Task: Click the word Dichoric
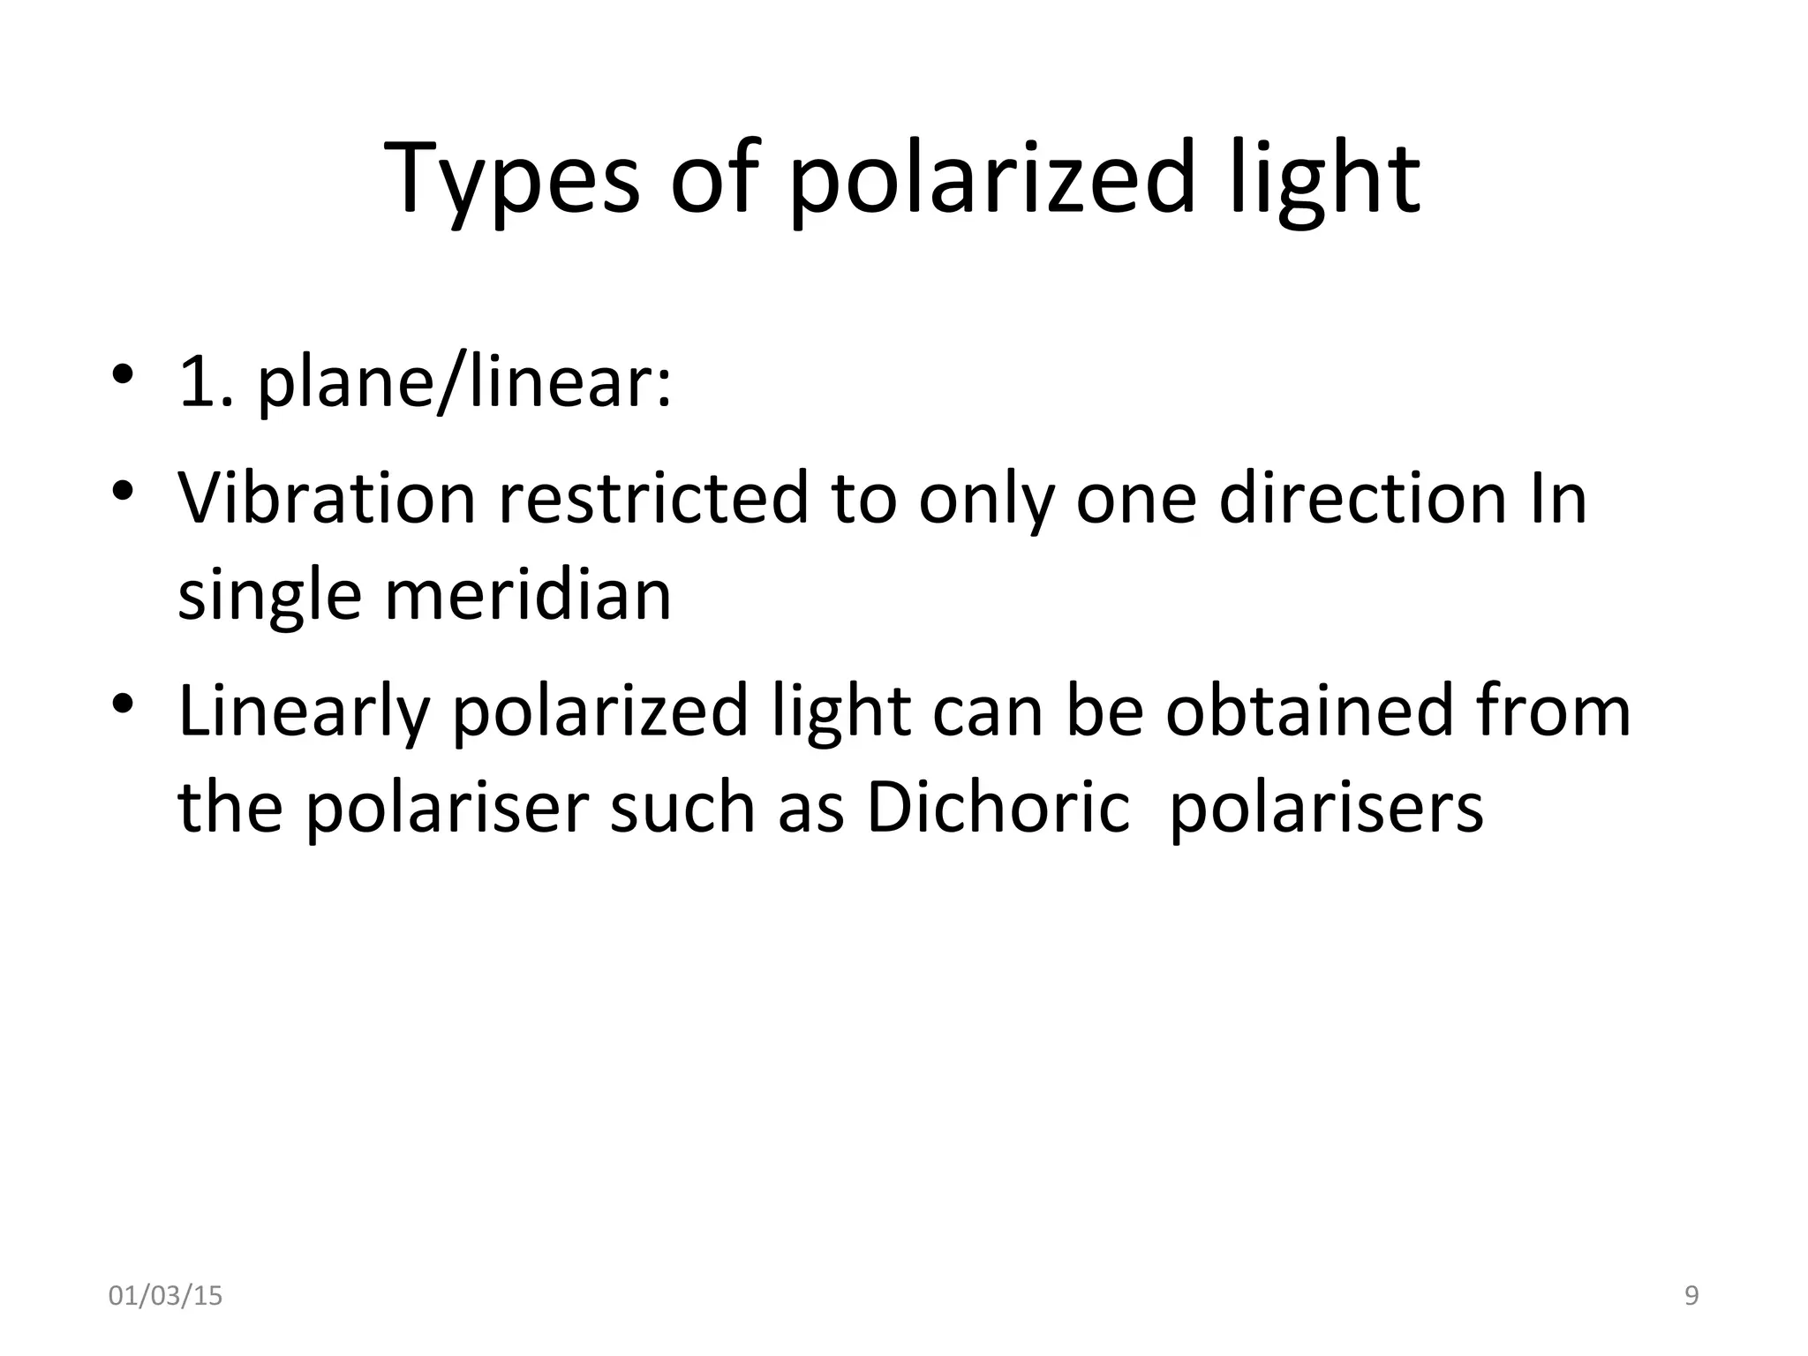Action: (998, 806)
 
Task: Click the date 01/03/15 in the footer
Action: (165, 1296)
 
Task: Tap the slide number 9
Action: (1691, 1296)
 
